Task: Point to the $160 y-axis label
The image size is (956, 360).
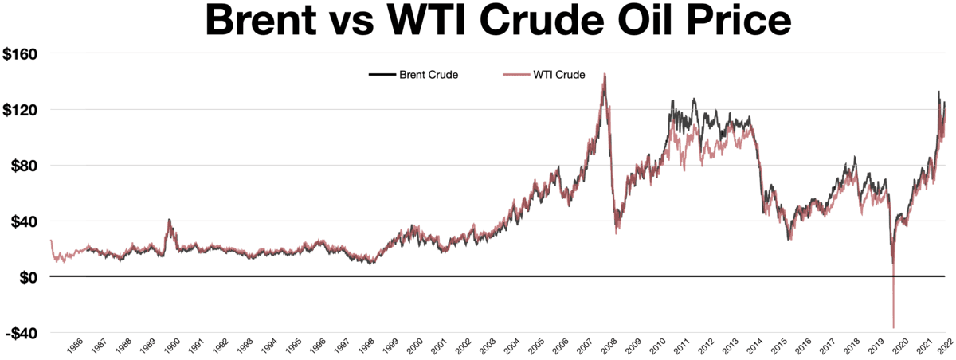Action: (x=26, y=54)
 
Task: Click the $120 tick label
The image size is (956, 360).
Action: (x=26, y=110)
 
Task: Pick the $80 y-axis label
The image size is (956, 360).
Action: (x=29, y=166)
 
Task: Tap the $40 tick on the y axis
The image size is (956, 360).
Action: (x=29, y=221)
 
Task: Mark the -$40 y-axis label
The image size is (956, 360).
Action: (x=24, y=333)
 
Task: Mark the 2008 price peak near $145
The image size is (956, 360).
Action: (x=605, y=75)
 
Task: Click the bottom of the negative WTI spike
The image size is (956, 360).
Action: (x=893, y=327)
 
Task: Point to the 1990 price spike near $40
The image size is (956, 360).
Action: (x=169, y=220)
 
